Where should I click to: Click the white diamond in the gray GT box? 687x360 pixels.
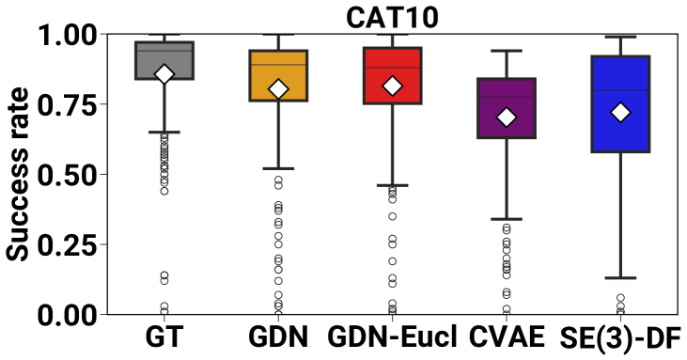click(x=164, y=74)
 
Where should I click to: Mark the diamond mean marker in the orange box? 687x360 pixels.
click(x=278, y=89)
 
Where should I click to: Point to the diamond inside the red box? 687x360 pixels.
click(x=393, y=86)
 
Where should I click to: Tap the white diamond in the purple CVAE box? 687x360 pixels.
click(x=507, y=117)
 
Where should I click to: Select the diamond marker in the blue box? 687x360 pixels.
click(x=620, y=112)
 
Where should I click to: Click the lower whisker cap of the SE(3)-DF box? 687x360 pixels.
click(x=620, y=278)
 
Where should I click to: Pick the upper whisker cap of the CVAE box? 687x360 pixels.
click(x=507, y=51)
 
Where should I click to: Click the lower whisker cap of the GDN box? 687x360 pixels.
click(x=278, y=168)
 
